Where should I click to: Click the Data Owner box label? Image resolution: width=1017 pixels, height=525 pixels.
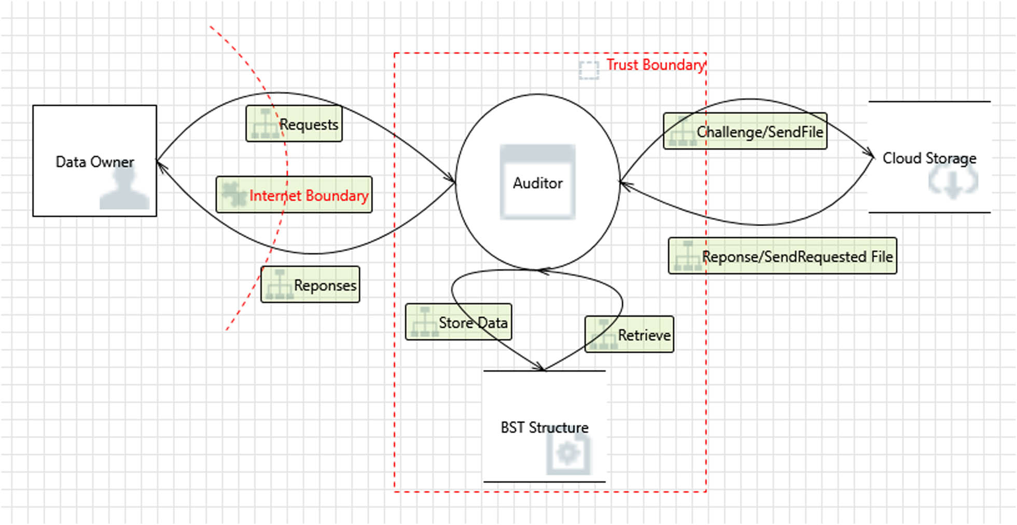point(94,162)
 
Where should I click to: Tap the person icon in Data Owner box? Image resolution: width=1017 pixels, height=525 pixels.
point(124,188)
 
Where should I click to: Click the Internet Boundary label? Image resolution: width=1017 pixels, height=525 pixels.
point(309,196)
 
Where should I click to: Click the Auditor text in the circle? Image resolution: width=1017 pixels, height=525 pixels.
point(537,183)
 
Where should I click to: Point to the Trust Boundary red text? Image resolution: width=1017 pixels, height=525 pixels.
point(655,65)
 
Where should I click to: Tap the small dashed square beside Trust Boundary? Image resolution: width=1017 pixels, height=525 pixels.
point(589,70)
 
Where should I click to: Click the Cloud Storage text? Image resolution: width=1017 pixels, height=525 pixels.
point(929,158)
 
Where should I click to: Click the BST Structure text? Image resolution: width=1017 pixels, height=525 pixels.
point(544,427)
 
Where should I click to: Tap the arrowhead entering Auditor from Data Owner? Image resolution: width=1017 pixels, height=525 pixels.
point(451,179)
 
